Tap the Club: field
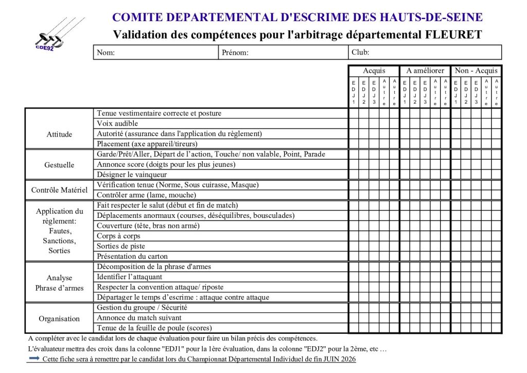click(x=424, y=53)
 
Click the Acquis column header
click(x=374, y=71)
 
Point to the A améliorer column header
click(x=425, y=71)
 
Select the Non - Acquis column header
click(x=476, y=71)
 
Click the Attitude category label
click(x=59, y=134)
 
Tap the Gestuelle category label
click(x=59, y=165)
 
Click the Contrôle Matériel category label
click(x=59, y=190)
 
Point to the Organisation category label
click(x=59, y=318)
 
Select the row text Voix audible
click(x=117, y=124)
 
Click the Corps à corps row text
click(x=118, y=236)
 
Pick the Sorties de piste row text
click(x=121, y=246)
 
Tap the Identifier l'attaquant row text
click(x=130, y=277)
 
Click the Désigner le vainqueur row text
click(x=133, y=175)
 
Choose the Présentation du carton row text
click(x=132, y=257)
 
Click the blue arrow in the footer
click(x=34, y=359)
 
